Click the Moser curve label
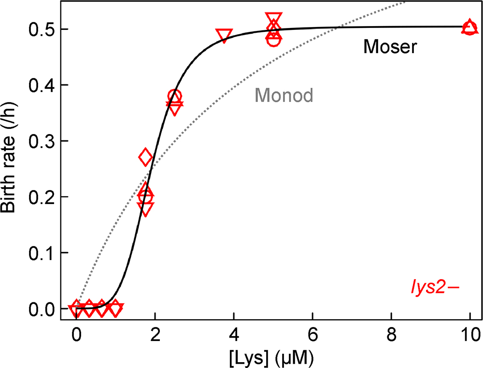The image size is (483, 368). (x=390, y=47)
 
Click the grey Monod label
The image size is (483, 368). (x=284, y=95)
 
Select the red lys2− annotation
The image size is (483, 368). (x=432, y=288)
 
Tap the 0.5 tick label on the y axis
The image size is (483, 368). (x=42, y=30)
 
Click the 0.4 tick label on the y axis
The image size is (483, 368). (x=42, y=85)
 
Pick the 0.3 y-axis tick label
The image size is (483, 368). (x=42, y=141)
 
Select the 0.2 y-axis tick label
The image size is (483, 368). (x=42, y=197)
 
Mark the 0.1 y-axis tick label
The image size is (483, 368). (x=42, y=253)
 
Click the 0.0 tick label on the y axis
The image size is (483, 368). (x=42, y=308)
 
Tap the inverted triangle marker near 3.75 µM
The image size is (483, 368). (x=224, y=35)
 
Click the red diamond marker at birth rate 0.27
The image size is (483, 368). (x=145, y=157)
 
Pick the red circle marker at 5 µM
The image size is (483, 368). (x=273, y=40)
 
